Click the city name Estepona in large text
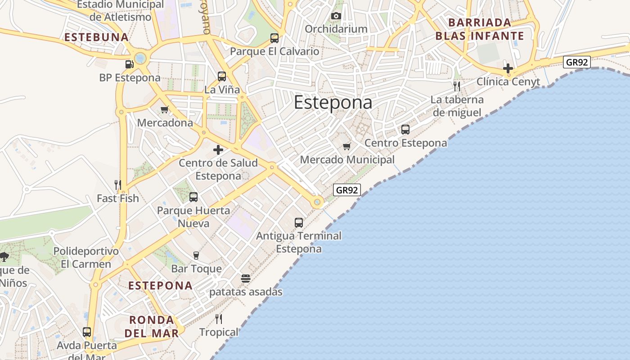point(333,103)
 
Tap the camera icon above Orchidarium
point(336,16)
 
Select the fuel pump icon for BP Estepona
point(130,64)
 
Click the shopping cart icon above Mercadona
point(165,109)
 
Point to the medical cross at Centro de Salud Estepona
point(218,150)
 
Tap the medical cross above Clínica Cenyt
point(508,68)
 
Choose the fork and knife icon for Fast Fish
point(118,184)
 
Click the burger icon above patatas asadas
point(245,278)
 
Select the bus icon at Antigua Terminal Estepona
point(299,222)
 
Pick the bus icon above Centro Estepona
point(405,130)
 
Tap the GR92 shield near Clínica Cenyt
point(576,62)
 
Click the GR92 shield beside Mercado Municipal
point(347,190)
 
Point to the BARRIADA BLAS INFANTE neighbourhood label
point(480,29)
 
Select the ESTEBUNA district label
point(97,37)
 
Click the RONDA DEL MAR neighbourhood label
point(152,327)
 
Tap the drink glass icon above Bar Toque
point(196,256)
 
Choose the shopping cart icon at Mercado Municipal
point(346,146)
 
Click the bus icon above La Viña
point(222,76)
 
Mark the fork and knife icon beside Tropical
point(219,319)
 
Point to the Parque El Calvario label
point(274,51)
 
